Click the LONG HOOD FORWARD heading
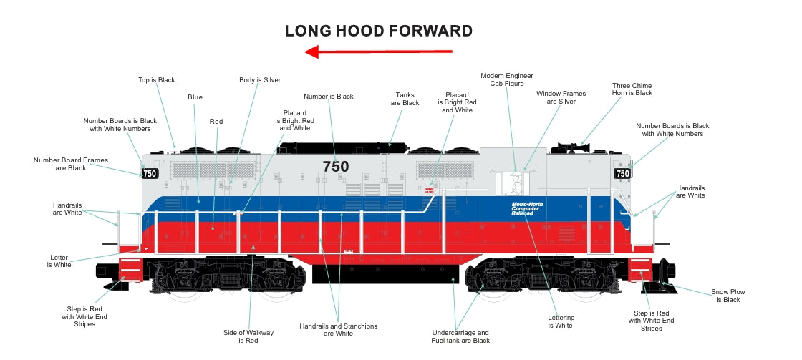[378, 31]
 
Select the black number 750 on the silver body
[335, 167]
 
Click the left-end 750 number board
[150, 174]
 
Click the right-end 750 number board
[622, 173]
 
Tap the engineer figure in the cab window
[513, 184]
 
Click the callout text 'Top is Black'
[156, 80]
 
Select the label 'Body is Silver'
[260, 80]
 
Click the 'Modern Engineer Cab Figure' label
[506, 79]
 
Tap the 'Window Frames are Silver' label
[561, 97]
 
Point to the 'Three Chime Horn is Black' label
[632, 89]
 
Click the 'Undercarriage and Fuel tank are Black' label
[460, 336]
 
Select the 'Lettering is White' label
[561, 321]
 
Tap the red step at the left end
[131, 269]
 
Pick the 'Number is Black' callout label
[329, 96]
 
